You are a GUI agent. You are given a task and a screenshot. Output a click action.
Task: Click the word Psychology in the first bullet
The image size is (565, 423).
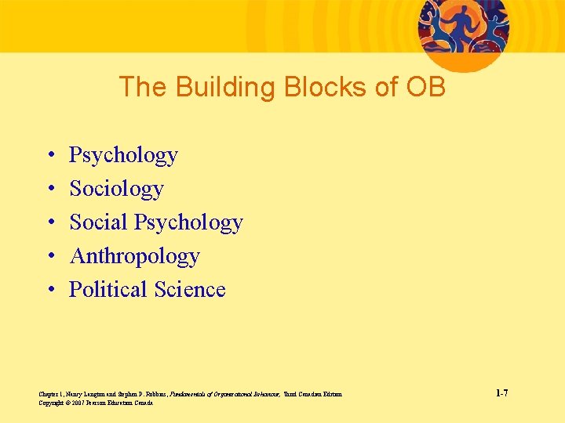pos(123,156)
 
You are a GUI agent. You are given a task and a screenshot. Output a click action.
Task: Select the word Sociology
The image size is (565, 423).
pos(116,189)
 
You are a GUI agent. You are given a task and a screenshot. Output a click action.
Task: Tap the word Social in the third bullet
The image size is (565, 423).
pos(99,222)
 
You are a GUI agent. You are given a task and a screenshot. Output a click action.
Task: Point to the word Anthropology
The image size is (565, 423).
pos(134,256)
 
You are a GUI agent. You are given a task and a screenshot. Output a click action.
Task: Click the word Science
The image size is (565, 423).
pos(190,290)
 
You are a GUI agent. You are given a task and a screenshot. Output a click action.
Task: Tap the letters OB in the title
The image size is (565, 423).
pos(425,87)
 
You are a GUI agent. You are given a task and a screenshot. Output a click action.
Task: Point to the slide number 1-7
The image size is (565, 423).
pos(501,393)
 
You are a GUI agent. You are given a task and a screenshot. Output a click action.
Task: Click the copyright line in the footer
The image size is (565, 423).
pos(95,403)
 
